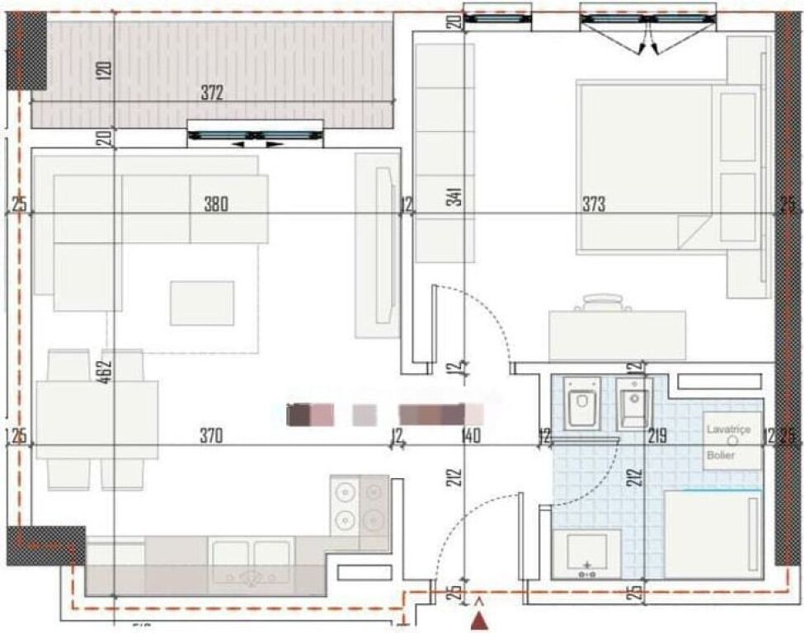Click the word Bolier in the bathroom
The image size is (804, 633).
(x=721, y=455)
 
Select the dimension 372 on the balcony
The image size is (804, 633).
(x=212, y=94)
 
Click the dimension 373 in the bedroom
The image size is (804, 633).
(x=591, y=204)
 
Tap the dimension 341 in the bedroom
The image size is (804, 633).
(x=456, y=196)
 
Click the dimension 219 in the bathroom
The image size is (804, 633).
(x=657, y=436)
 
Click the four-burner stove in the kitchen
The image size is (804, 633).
(x=360, y=506)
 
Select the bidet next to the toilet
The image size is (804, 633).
(x=633, y=403)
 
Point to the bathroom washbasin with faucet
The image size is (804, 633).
(x=586, y=552)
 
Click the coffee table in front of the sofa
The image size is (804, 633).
(x=202, y=302)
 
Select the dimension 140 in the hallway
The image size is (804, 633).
(x=471, y=437)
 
